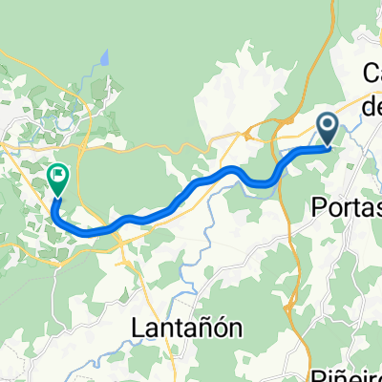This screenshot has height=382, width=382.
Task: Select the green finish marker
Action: click(58, 180)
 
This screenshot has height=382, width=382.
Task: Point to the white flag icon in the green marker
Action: click(58, 175)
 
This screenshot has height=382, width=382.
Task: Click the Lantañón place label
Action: click(185, 328)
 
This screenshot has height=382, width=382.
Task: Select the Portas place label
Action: click(347, 207)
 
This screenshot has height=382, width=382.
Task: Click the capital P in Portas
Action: click(319, 207)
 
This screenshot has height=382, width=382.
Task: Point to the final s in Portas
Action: click(375, 207)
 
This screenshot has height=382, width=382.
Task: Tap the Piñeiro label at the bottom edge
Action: click(348, 374)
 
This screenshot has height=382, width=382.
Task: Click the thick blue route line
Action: click(191, 191)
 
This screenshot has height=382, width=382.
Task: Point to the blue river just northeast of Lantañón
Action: click(206, 283)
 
